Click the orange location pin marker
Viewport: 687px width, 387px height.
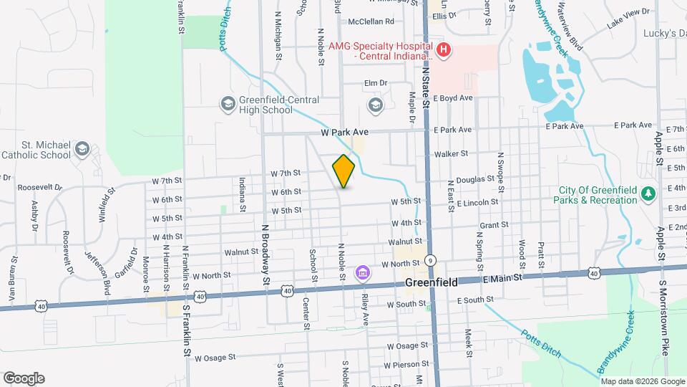pos(343,171)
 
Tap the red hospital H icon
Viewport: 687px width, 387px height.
pos(444,49)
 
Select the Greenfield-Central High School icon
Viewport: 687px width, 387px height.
pos(228,105)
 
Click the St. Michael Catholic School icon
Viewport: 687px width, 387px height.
pos(82,149)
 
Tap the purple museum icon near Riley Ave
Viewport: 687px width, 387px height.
pos(362,273)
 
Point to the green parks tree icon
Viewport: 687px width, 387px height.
pos(648,193)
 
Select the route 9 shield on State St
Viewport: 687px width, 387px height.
pos(431,260)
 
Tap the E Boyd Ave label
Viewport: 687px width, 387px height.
pos(455,97)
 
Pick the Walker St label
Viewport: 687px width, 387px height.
pos(450,153)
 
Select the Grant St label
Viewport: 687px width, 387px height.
pos(494,224)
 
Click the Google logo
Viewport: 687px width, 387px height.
pos(24,378)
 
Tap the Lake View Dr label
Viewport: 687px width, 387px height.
pos(628,12)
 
